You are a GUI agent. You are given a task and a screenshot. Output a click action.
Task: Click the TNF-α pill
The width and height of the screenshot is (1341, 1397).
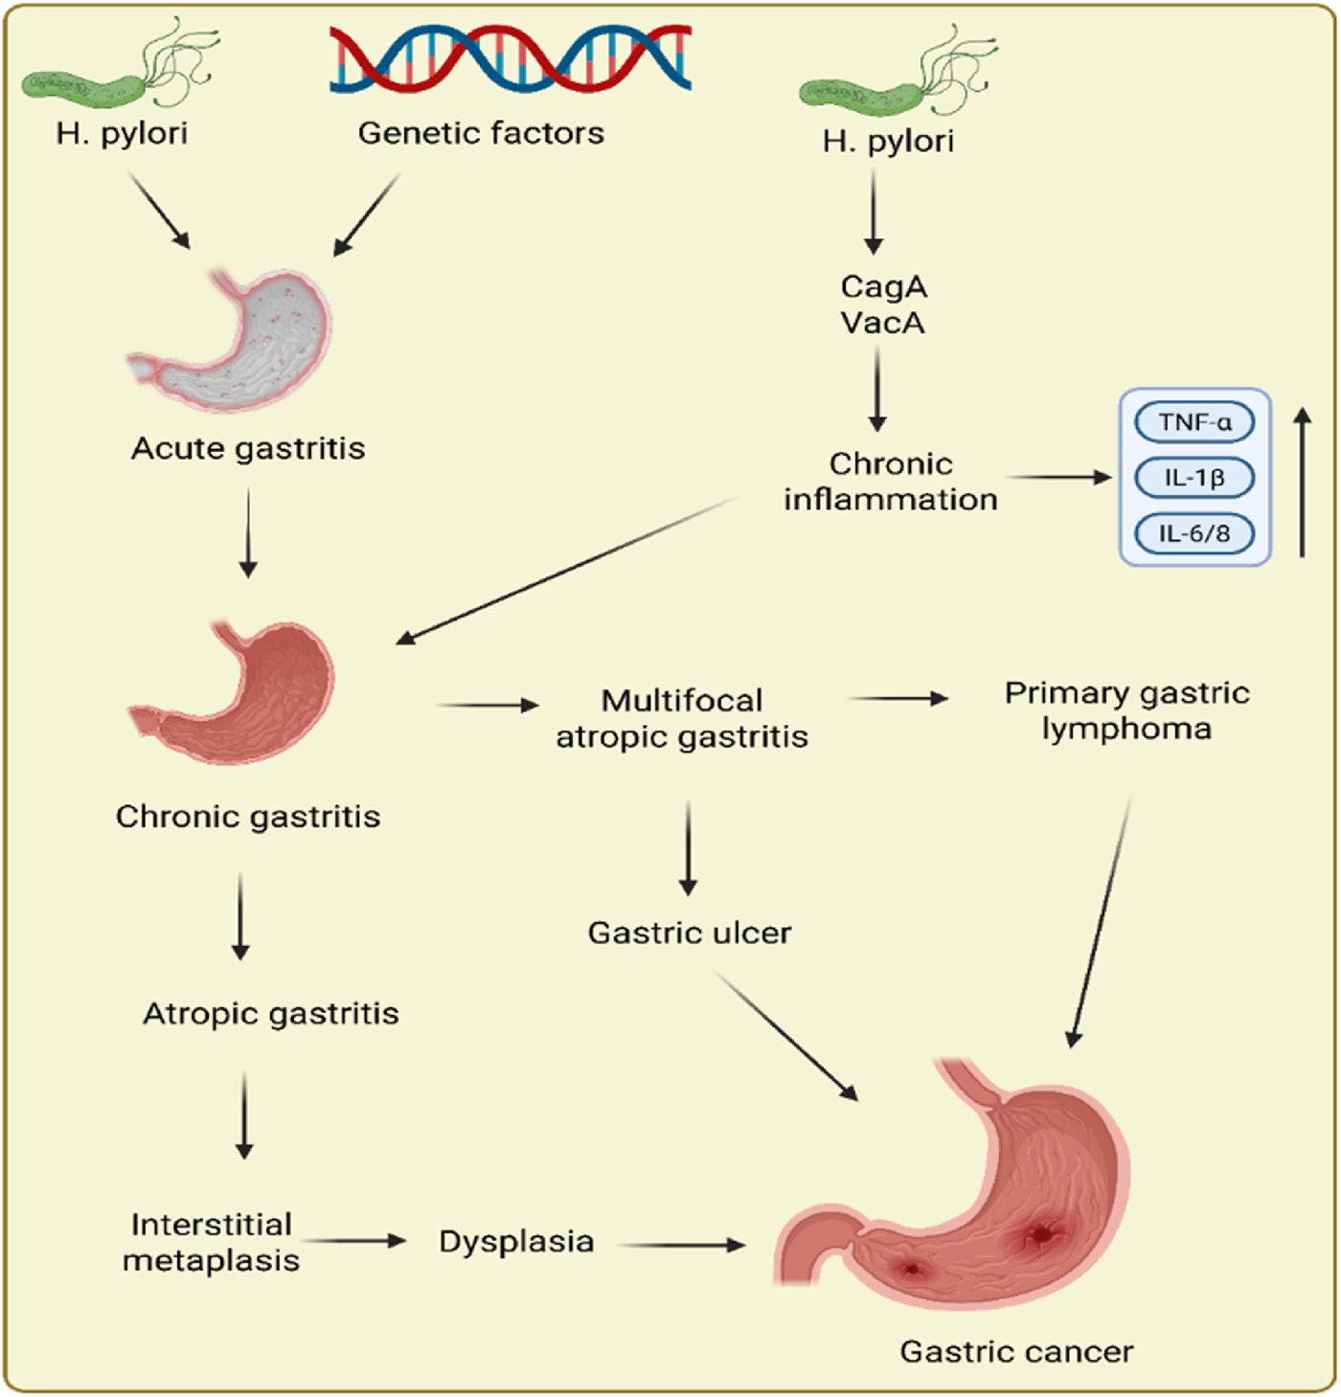click(x=1194, y=422)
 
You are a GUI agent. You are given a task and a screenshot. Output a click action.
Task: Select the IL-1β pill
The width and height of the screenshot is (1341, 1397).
click(x=1194, y=477)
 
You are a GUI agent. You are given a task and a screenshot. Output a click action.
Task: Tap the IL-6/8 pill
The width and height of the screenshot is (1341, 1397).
click(x=1194, y=532)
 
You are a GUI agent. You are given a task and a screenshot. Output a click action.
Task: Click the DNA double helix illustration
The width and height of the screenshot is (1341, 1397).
click(x=510, y=58)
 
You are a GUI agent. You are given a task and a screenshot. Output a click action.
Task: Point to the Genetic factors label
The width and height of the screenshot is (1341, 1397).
click(x=481, y=133)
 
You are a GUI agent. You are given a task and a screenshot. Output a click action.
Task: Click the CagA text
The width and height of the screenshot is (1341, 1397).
click(x=883, y=286)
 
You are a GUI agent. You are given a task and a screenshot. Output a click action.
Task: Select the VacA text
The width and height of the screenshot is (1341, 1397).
click(x=883, y=323)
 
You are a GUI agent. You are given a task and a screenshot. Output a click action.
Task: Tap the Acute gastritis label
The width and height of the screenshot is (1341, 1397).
click(x=248, y=448)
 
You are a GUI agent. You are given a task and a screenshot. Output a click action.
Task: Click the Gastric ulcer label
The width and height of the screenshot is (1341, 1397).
click(x=690, y=933)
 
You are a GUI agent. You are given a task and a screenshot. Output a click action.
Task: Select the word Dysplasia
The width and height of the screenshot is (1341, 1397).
click(x=516, y=1242)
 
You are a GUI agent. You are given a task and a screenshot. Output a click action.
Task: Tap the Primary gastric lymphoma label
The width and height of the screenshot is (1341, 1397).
click(x=1126, y=710)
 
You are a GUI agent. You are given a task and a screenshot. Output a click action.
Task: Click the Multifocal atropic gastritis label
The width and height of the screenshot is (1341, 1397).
click(x=682, y=718)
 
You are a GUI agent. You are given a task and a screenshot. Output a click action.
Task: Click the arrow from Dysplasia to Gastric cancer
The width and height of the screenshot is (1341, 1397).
click(x=681, y=1245)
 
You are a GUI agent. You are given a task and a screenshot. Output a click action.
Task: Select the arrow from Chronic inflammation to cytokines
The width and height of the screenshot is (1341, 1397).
click(x=1058, y=476)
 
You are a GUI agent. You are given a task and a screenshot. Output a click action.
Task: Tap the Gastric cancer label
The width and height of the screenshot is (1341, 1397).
click(x=1016, y=1352)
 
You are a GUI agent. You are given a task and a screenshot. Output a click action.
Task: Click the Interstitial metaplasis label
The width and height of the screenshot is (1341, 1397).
click(x=212, y=1242)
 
